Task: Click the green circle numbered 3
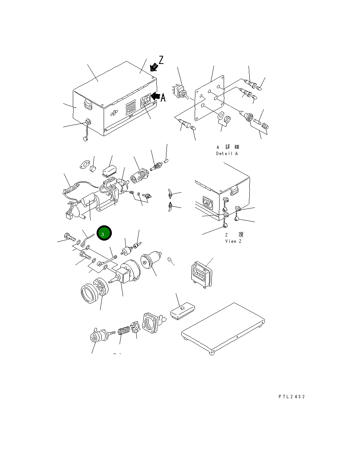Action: [104, 233]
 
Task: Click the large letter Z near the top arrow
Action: [161, 60]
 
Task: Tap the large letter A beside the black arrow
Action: [163, 98]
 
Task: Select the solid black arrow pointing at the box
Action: [156, 96]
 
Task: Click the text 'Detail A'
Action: [227, 154]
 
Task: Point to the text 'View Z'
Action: [233, 241]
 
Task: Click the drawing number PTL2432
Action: [292, 397]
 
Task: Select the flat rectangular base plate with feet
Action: [223, 329]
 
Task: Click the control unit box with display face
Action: [202, 275]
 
